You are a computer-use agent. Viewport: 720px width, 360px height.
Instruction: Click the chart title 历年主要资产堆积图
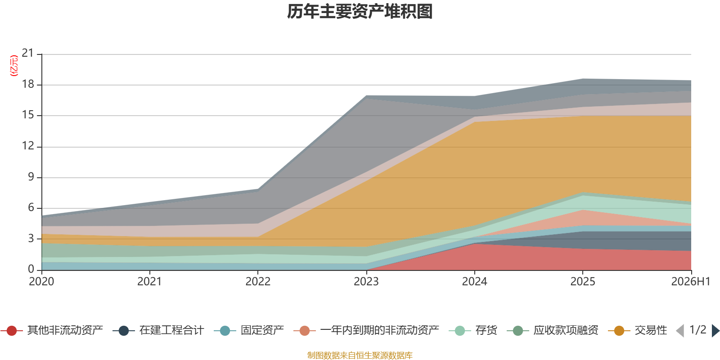coord(360,12)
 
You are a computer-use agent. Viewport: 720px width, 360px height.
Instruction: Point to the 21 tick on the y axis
coord(27,53)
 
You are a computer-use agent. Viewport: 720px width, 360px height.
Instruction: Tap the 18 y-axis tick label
coord(27,84)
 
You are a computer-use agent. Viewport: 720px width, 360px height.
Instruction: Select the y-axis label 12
coord(27,146)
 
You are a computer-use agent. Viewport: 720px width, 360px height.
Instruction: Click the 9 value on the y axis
coord(31,177)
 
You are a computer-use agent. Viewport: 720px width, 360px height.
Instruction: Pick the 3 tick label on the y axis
coord(31,238)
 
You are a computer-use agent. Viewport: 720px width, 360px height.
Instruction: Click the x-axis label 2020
coord(41,282)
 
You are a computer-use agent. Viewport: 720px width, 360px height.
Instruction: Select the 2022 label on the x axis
coord(258,282)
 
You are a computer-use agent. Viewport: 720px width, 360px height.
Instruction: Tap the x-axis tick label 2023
coord(366,282)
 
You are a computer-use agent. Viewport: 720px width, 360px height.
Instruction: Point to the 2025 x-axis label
coord(583,282)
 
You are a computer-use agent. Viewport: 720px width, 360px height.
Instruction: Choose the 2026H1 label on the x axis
coord(691,282)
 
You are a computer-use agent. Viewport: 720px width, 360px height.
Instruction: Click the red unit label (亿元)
coord(14,66)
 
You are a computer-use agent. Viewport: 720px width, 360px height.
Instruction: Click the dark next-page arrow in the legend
coord(715,330)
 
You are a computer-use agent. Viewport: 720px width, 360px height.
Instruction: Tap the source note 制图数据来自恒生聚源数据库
coord(360,355)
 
